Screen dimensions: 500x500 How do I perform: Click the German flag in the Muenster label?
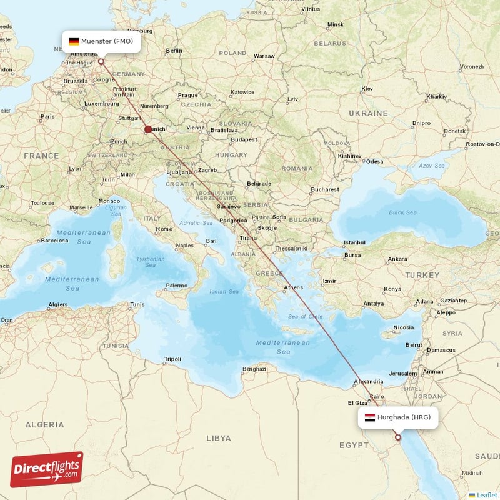pos(74,41)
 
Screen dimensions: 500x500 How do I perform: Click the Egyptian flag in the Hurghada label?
pos(369,417)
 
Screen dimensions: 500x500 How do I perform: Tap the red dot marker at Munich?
pos(148,129)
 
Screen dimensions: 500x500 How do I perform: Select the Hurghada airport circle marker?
pos(397,437)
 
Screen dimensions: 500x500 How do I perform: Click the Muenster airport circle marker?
pos(101,61)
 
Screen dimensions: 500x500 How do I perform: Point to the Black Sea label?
pos(402,212)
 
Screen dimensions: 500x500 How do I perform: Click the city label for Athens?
pos(293,287)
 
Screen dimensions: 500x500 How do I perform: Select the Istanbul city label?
pos(354,242)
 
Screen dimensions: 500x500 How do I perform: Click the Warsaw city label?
pos(264,56)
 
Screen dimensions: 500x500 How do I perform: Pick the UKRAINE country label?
pos(368,113)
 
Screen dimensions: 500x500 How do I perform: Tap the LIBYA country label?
pos(218,438)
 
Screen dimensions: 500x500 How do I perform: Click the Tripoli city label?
pos(172,359)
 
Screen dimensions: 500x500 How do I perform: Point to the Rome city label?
pos(164,229)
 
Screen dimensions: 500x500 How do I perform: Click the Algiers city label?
pos(57,304)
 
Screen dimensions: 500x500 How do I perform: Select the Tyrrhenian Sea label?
pos(151,262)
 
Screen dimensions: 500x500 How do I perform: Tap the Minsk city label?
pos(336,24)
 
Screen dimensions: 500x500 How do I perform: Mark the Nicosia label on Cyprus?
pos(403,327)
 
